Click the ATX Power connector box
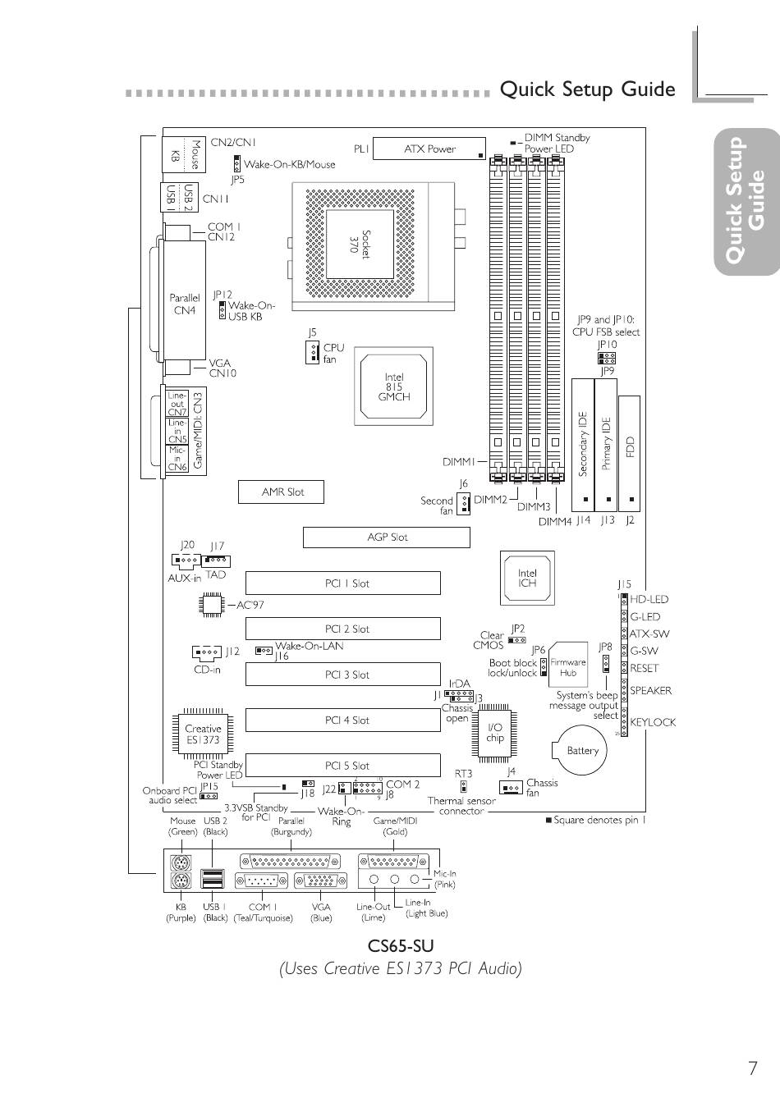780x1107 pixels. tap(429, 149)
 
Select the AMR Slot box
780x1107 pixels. tap(282, 492)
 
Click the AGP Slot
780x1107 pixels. tap(387, 537)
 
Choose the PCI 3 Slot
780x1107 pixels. tap(343, 675)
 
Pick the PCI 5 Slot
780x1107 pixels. tap(343, 766)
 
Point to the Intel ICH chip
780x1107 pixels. tap(527, 578)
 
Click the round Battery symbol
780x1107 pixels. tap(582, 750)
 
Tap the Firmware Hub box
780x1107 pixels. tap(568, 666)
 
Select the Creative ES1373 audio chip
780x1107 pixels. tap(202, 733)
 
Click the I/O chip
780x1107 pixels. tap(495, 732)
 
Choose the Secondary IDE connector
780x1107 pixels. tap(583, 444)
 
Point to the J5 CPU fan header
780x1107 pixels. tap(311, 353)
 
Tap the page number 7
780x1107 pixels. tap(752, 1068)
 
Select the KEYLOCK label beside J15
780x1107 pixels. tap(653, 722)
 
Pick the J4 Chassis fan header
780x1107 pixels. tap(512, 788)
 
